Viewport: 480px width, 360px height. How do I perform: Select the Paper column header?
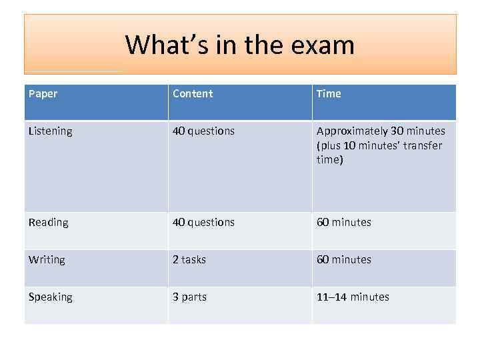[43, 94]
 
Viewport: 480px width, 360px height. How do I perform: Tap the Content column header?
[193, 94]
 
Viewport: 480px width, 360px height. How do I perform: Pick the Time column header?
[329, 94]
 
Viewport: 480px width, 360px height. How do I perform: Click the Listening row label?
[51, 131]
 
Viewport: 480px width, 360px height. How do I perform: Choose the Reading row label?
[49, 223]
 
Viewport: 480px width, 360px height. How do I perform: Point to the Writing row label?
[47, 260]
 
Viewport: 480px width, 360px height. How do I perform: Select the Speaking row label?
[51, 297]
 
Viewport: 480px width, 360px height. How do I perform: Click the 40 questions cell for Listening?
[203, 131]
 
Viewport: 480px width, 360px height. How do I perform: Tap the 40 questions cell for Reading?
[203, 223]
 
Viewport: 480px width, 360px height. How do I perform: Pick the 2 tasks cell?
[189, 260]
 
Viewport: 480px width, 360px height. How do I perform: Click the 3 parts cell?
[189, 297]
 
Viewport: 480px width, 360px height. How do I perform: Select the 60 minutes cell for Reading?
[344, 223]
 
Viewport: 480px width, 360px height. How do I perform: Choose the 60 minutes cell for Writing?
[344, 260]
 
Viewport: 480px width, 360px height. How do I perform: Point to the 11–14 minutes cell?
[353, 297]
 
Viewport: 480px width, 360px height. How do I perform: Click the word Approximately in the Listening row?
[350, 131]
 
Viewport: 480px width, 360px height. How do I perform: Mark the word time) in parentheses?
[330, 160]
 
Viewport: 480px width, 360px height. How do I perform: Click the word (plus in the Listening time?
[329, 145]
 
